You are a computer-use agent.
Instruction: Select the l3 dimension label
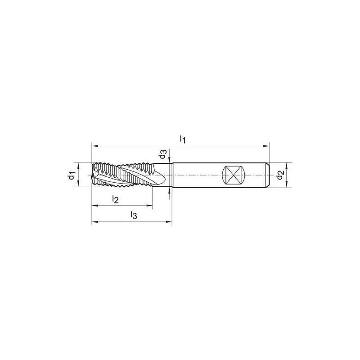(133, 216)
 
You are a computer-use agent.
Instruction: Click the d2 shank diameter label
(280, 175)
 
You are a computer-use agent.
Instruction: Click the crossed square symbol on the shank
(234, 175)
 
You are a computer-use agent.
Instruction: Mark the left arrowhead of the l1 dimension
(94, 145)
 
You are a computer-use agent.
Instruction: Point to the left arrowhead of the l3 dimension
(94, 222)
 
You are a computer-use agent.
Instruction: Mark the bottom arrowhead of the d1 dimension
(78, 184)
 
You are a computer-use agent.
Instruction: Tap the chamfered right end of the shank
(268, 175)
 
